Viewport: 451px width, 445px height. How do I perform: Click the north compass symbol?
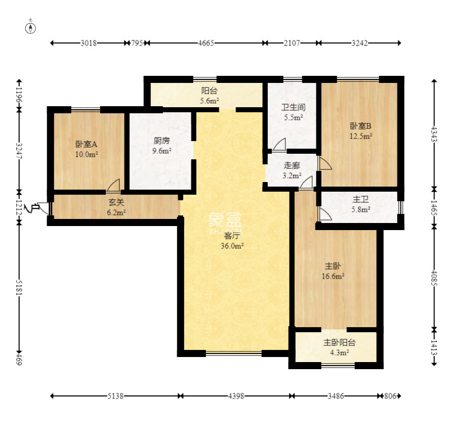tap(30, 28)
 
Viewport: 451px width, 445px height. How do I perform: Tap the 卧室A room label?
tap(86, 144)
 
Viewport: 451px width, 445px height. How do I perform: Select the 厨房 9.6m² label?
tap(161, 146)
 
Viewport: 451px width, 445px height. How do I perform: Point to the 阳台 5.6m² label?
tap(210, 96)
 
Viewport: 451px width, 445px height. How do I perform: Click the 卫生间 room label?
tap(293, 107)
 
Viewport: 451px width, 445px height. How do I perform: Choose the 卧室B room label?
tap(361, 126)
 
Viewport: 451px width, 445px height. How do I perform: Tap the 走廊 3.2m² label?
tap(292, 170)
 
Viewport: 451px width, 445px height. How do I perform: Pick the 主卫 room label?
tap(361, 199)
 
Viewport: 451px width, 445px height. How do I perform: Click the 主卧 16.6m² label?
tap(333, 271)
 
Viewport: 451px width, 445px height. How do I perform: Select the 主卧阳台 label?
tap(340, 342)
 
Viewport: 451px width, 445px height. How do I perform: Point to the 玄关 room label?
tap(116, 203)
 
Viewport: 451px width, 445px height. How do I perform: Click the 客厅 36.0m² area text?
tap(232, 241)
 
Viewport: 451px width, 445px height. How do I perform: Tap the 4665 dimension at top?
tap(206, 43)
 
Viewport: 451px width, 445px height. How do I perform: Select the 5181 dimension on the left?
tap(19, 287)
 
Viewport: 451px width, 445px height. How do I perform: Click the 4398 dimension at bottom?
tap(236, 396)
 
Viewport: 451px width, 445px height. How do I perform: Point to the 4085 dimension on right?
tap(434, 278)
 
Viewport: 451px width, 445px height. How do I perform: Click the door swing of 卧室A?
tap(113, 185)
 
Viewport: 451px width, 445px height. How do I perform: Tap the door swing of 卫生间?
tap(279, 144)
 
